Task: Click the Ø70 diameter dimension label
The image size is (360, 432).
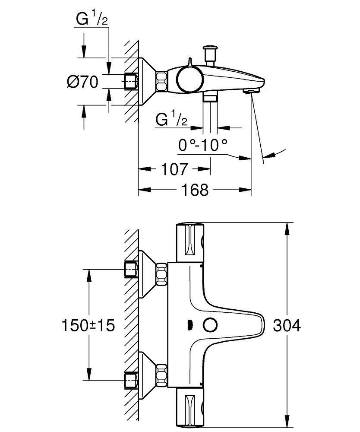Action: pyautogui.click(x=83, y=81)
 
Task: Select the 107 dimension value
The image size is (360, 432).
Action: pyautogui.click(x=175, y=169)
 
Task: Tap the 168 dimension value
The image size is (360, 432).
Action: pyautogui.click(x=195, y=190)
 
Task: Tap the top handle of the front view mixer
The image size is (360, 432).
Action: pyautogui.click(x=190, y=242)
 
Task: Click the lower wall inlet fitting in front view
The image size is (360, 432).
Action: pyautogui.click(x=131, y=380)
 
